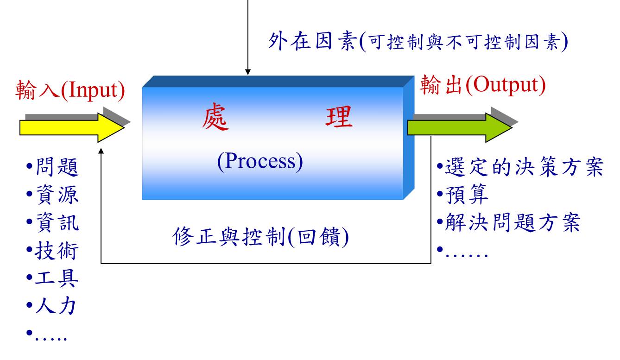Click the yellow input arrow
pyautogui.click(x=72, y=127)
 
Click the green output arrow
pyautogui.click(x=460, y=127)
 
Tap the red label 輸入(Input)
pyautogui.click(x=70, y=90)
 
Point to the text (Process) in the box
pyautogui.click(x=260, y=162)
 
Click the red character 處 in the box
pyautogui.click(x=215, y=117)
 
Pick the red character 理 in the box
pyautogui.click(x=339, y=117)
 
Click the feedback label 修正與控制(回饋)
pyautogui.click(x=260, y=237)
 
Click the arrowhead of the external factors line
pyautogui.click(x=248, y=72)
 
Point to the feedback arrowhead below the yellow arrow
pyautogui.click(x=101, y=151)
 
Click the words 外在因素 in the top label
pyautogui.click(x=312, y=41)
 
